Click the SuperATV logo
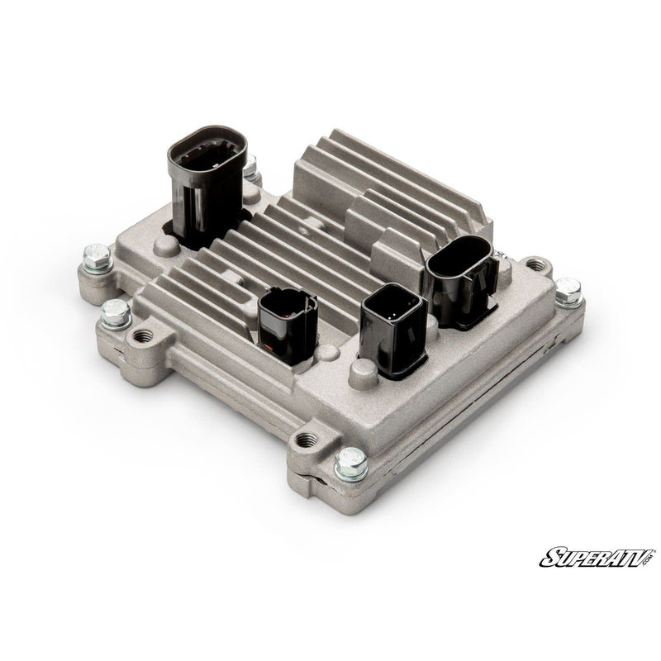pos(597,557)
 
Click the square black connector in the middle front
pos(394,329)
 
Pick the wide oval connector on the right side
pos(461,280)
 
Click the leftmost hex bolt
pos(97,258)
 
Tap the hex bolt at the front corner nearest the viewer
pos(350,464)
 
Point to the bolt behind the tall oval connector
pos(250,167)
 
